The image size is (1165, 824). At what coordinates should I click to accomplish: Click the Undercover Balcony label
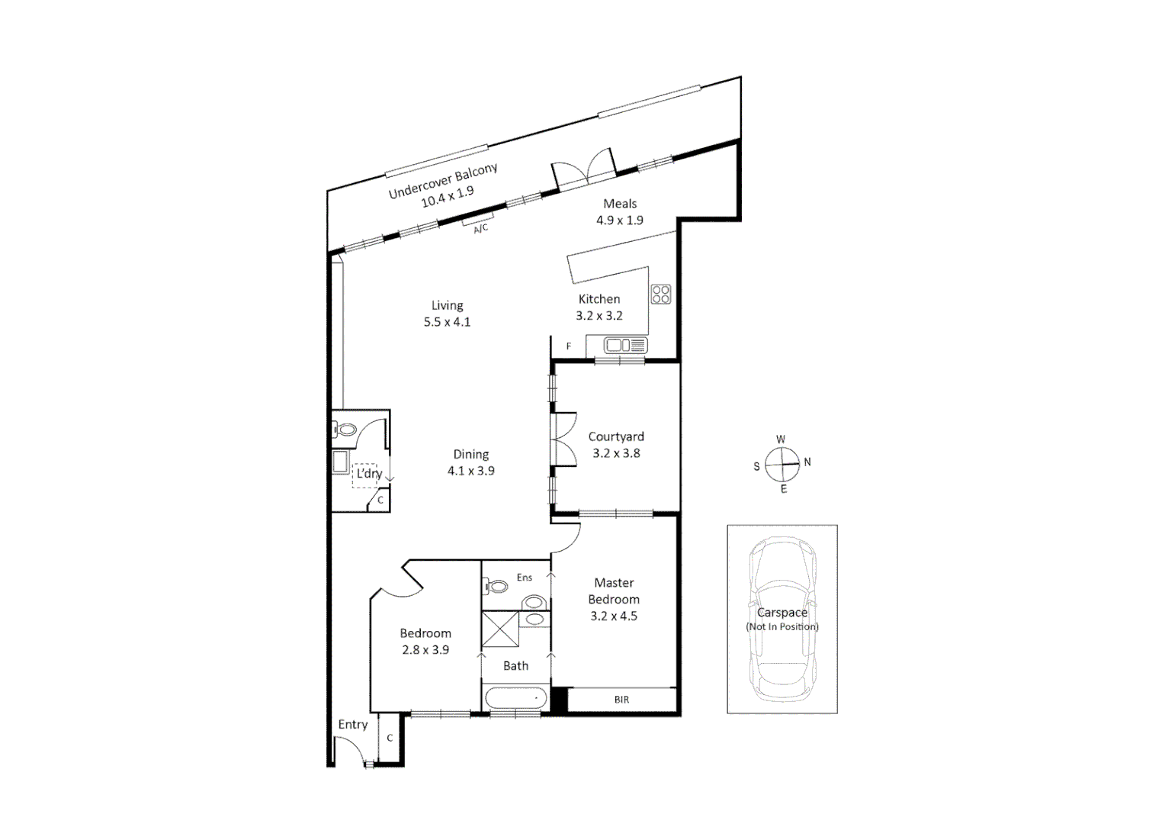[x=443, y=181]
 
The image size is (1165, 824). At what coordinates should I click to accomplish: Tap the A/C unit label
[x=480, y=228]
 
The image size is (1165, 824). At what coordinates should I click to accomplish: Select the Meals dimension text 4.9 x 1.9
[x=619, y=220]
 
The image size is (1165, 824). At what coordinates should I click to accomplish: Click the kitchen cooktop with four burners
[x=660, y=294]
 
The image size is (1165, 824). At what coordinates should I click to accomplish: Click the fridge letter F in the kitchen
[x=569, y=346]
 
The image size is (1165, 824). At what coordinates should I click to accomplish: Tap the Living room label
[x=447, y=305]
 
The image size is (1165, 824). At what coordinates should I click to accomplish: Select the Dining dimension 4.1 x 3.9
[x=470, y=471]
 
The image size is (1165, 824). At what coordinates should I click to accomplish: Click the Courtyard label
[x=616, y=436]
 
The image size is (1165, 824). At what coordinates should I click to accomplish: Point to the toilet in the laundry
[x=345, y=430]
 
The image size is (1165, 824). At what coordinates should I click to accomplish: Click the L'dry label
[x=369, y=473]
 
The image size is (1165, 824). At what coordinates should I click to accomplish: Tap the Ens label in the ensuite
[x=525, y=578]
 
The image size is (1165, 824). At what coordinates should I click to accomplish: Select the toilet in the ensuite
[x=496, y=587]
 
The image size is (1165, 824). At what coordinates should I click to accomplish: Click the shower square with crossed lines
[x=500, y=629]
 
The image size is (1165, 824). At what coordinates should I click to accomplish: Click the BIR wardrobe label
[x=621, y=700]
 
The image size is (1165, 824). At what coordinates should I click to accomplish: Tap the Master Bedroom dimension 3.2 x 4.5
[x=613, y=616]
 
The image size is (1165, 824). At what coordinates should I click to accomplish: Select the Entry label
[x=353, y=724]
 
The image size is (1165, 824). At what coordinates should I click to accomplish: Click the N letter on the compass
[x=807, y=462]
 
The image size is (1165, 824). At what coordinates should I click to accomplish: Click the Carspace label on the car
[x=781, y=612]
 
